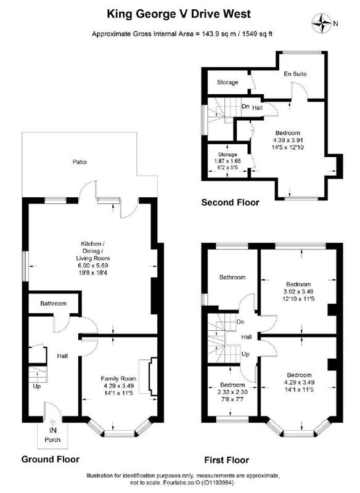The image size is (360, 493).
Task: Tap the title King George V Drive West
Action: pos(179,14)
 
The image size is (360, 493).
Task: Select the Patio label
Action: pos(80,162)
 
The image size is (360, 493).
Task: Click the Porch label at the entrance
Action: pos(52,439)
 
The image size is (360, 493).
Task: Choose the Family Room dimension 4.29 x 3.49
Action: pos(118,386)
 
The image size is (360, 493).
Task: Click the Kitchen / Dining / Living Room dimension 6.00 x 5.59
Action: pos(92,266)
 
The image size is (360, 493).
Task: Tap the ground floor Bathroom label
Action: pos(53,303)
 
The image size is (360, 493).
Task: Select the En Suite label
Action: pos(295,74)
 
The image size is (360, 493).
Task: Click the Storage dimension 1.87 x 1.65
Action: pos(227,161)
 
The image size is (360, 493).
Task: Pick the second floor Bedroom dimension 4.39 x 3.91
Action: pos(288,140)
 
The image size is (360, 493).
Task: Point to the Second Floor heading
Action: pos(230,203)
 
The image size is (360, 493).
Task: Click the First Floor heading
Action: pos(226,460)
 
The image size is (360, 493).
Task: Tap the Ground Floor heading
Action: pos(51,459)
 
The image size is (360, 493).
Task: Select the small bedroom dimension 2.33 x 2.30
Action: pos(232,393)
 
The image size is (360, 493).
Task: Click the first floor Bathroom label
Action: pos(232,277)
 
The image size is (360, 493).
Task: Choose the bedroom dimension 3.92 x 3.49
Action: pos(299,291)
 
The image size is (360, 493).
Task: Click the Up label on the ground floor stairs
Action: pos(37,386)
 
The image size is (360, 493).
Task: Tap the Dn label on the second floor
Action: pos(245,106)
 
